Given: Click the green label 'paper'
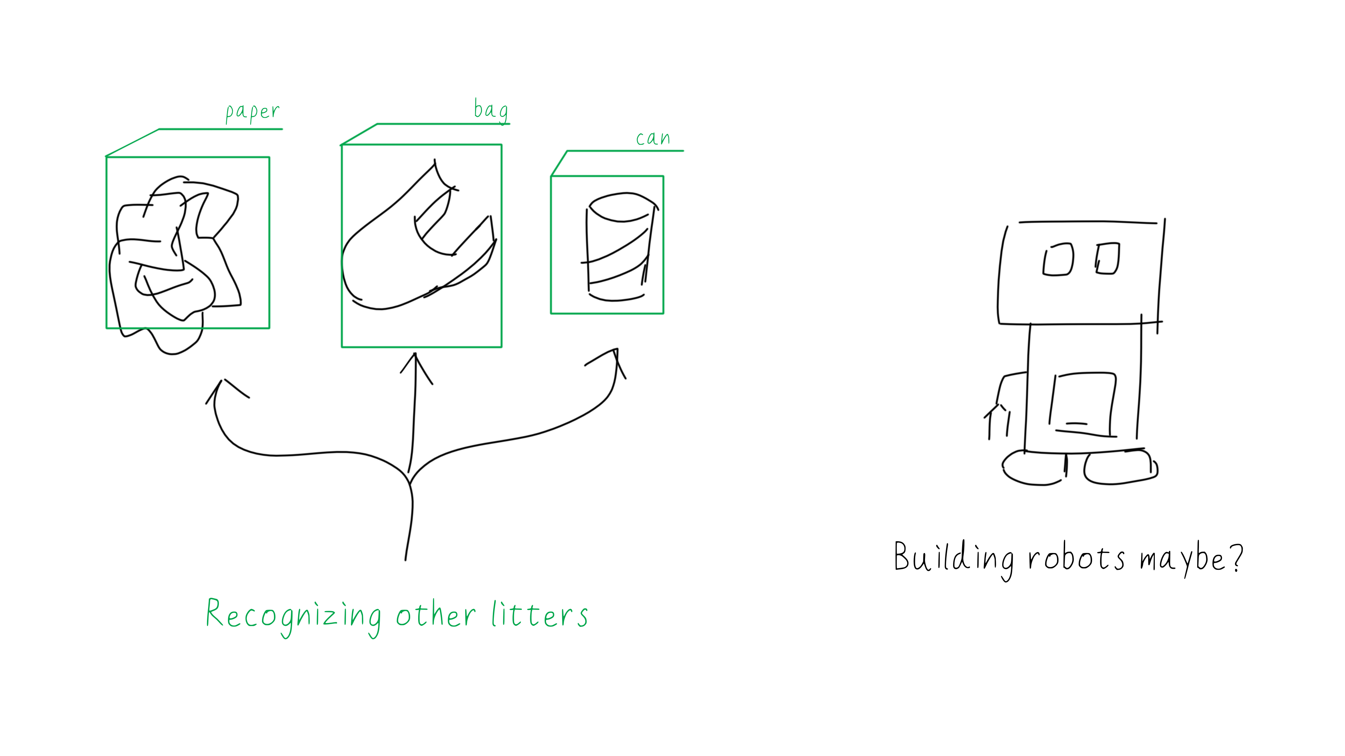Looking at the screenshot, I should coord(252,112).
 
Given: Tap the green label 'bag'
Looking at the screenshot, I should coord(490,111).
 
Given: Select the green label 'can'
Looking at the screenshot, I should coord(653,138).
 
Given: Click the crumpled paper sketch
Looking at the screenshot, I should coord(175,255).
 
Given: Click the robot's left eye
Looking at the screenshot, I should coord(1058,259).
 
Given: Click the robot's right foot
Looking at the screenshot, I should coord(1120,468).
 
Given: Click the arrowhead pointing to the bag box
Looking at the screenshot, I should coord(416,365).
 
